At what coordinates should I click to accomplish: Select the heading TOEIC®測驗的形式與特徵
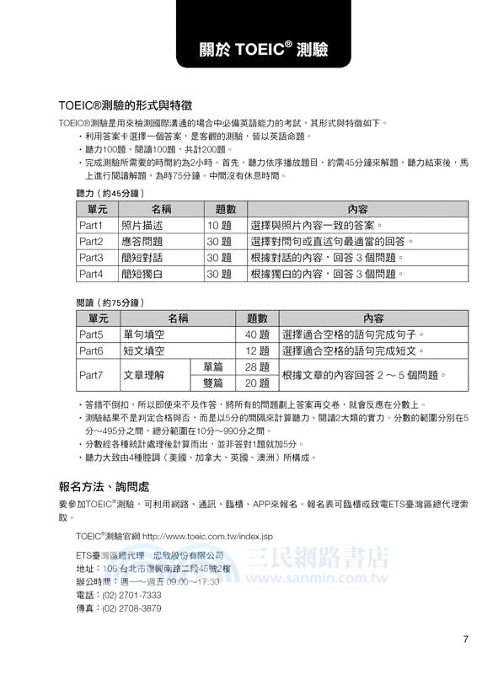click(x=126, y=106)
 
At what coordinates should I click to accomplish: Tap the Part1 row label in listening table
click(x=91, y=226)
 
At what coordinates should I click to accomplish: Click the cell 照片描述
click(x=142, y=226)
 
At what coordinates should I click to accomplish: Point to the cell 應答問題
click(x=142, y=242)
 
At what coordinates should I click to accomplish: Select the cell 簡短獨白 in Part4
click(x=142, y=274)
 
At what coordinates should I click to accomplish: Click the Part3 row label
click(x=91, y=258)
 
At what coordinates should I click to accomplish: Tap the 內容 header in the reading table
click(x=373, y=318)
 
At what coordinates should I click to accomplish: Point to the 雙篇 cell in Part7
click(x=213, y=382)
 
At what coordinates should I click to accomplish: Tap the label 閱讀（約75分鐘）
click(x=110, y=302)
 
